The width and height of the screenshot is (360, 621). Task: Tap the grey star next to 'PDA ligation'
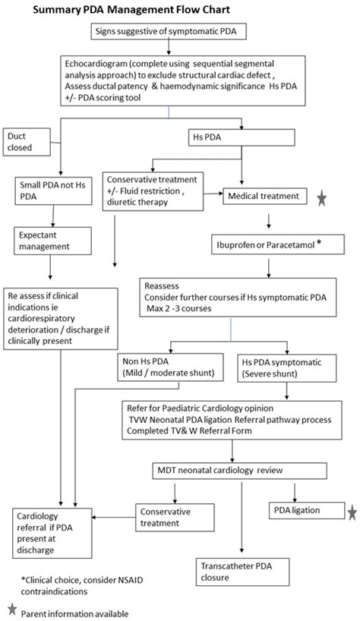352,513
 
